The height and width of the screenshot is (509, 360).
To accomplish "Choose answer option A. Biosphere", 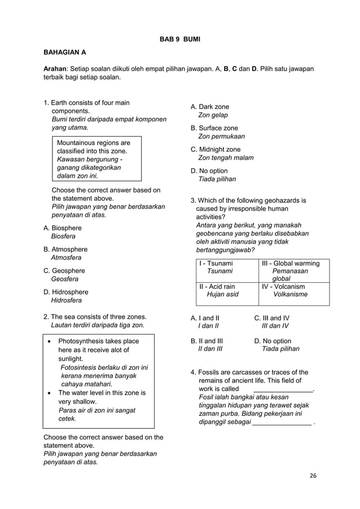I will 63,228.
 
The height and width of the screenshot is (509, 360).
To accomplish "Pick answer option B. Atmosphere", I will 65,249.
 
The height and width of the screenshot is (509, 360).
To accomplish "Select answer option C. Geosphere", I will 64,271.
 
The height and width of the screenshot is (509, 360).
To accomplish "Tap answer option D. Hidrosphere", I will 66,292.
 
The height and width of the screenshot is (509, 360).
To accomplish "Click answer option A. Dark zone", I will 210,107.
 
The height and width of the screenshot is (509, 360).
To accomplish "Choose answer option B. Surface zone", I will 214,128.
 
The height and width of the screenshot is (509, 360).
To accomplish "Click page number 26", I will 313,475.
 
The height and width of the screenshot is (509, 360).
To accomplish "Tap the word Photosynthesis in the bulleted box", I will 81,341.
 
